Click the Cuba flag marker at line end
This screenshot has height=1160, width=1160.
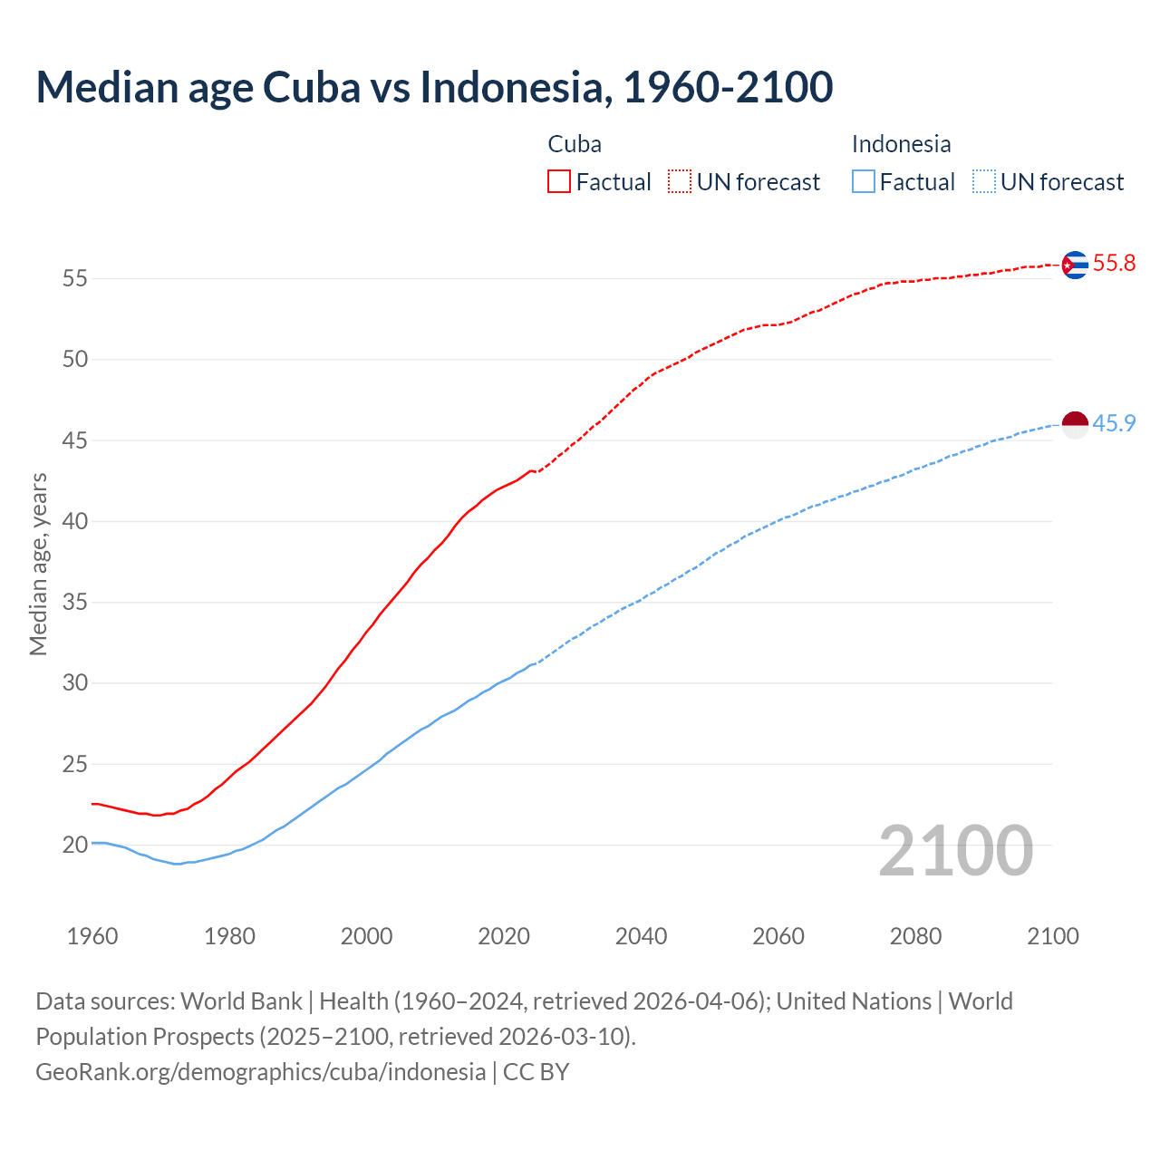click(x=1075, y=265)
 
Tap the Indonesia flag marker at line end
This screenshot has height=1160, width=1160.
click(x=1075, y=424)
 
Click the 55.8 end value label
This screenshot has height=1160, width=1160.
click(x=1114, y=264)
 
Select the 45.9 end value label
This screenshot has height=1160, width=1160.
click(x=1114, y=423)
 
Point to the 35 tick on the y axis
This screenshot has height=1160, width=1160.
click(x=75, y=602)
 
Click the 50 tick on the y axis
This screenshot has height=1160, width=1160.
click(x=75, y=359)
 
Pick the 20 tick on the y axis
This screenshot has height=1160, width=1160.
click(x=75, y=845)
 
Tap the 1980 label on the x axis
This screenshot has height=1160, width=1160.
click(x=229, y=936)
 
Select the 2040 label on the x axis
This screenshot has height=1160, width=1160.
click(x=641, y=936)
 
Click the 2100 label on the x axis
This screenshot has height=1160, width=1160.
click(x=1053, y=936)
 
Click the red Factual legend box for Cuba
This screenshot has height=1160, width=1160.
click(x=559, y=182)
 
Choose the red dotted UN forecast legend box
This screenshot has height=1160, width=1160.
click(x=680, y=182)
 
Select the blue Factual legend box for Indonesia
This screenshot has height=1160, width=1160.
click(x=864, y=182)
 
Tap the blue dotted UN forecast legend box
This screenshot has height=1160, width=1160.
click(x=983, y=182)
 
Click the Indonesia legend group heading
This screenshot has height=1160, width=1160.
click(x=901, y=144)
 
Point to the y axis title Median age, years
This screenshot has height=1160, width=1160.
click(x=38, y=564)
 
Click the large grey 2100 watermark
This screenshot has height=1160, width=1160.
click(x=955, y=850)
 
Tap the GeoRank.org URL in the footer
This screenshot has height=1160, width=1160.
click(x=260, y=1072)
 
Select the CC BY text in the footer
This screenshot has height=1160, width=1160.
click(x=536, y=1072)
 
